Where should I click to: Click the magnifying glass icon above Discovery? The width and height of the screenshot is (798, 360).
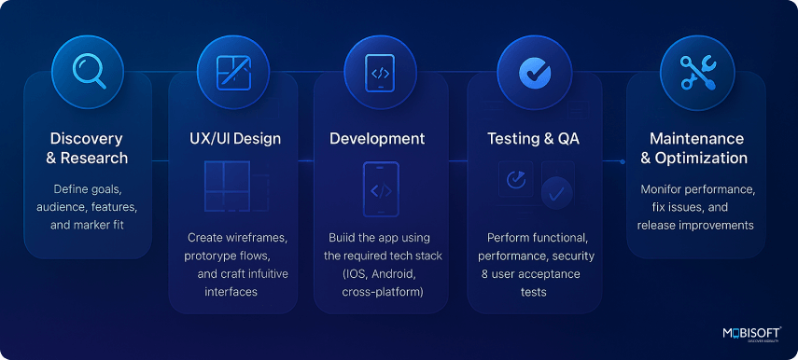tap(88, 71)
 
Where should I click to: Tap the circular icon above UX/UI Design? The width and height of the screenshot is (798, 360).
tap(232, 71)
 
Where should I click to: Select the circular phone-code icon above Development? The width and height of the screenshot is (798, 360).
tap(379, 71)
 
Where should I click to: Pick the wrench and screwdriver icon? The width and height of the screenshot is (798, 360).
tap(696, 71)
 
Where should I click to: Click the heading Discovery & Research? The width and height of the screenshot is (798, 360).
tap(88, 148)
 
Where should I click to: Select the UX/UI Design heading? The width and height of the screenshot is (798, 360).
tap(229, 139)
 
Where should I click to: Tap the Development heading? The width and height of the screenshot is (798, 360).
tap(377, 139)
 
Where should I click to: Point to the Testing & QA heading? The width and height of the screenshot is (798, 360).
tap(533, 139)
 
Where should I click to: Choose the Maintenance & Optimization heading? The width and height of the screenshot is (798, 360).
tap(697, 148)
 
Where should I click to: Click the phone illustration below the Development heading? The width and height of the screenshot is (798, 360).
tap(380, 191)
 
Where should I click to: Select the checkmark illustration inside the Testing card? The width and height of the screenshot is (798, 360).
tap(557, 194)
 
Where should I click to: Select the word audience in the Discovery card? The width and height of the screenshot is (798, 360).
tap(58, 206)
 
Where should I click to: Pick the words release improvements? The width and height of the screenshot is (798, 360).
tap(696, 225)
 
